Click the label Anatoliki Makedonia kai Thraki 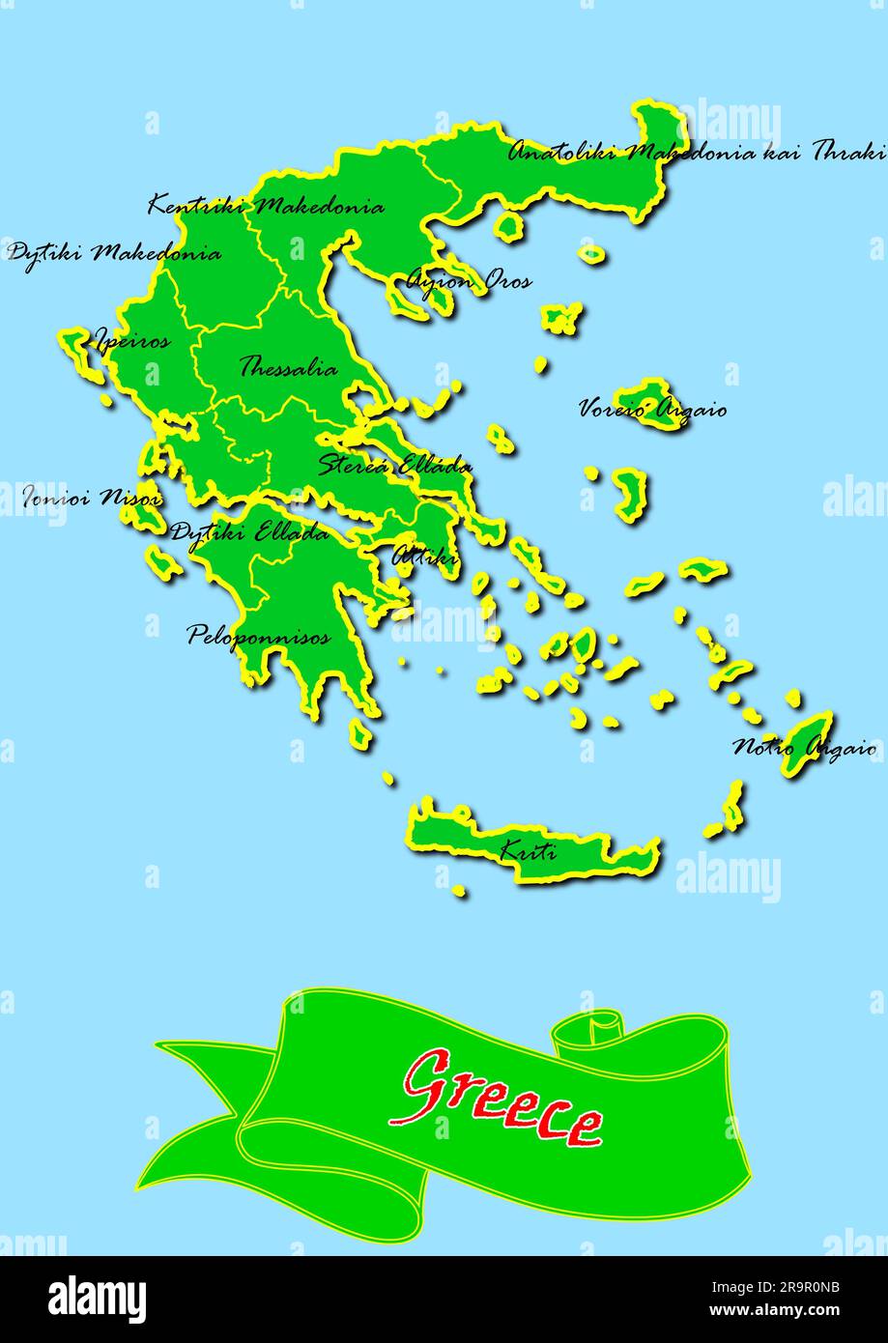click(696, 152)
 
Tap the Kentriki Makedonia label click(266, 206)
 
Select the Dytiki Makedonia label click(114, 254)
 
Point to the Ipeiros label click(131, 340)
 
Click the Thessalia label click(288, 368)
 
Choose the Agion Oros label click(468, 281)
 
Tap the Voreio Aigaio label click(652, 410)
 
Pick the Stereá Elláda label click(395, 464)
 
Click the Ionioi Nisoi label click(92, 499)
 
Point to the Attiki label click(424, 557)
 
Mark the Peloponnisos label click(258, 636)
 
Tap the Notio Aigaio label click(804, 747)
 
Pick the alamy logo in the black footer click(97, 1299)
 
